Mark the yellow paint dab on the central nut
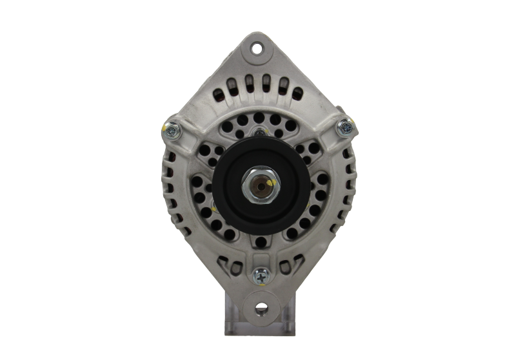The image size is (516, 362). [x=269, y=183]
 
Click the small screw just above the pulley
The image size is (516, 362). [x=259, y=132]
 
